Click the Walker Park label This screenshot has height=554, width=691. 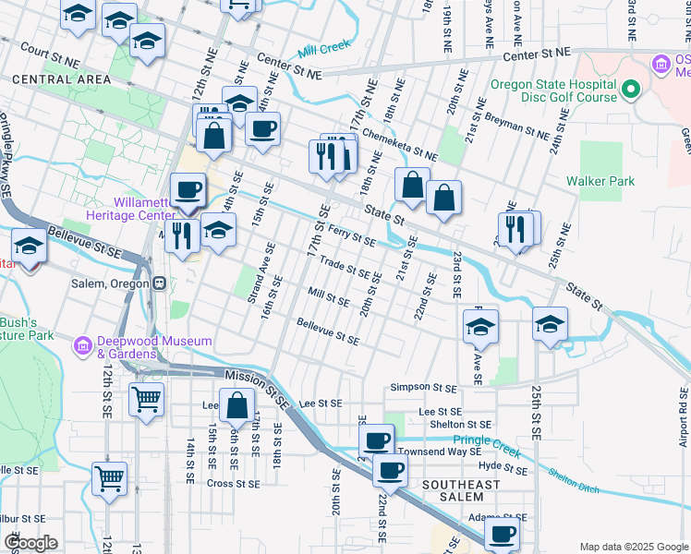pos(600,182)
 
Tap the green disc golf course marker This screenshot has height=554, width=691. pos(631,90)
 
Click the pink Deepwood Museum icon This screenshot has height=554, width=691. pos(83,347)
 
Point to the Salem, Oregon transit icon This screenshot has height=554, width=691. pos(159,283)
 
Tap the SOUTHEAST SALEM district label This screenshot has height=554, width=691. pos(460,491)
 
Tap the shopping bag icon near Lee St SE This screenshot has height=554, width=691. pos(237,406)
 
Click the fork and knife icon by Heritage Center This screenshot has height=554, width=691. pos(182,235)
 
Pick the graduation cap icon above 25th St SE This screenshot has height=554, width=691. pos(550,325)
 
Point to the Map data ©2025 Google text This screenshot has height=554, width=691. pos(633,547)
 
